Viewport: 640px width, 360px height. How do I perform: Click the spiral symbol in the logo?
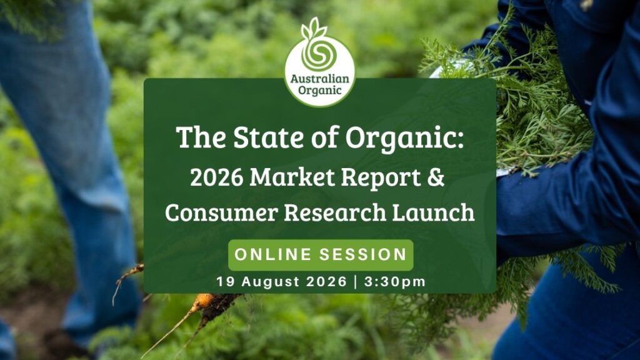tap(319, 55)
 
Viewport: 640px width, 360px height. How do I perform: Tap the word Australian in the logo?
tap(320, 78)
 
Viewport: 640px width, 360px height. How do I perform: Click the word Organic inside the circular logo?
tap(319, 90)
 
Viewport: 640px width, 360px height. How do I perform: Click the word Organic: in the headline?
tap(404, 138)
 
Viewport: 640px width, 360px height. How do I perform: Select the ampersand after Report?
tap(436, 177)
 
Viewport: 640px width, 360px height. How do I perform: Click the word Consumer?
tap(221, 212)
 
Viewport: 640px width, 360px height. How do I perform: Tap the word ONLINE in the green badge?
tap(272, 254)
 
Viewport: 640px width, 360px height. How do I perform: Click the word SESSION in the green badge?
tap(363, 254)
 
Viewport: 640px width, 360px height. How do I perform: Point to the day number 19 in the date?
tap(225, 282)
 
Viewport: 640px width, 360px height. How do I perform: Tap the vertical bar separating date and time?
tap(355, 282)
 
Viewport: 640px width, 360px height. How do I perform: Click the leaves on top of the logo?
tap(314, 28)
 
